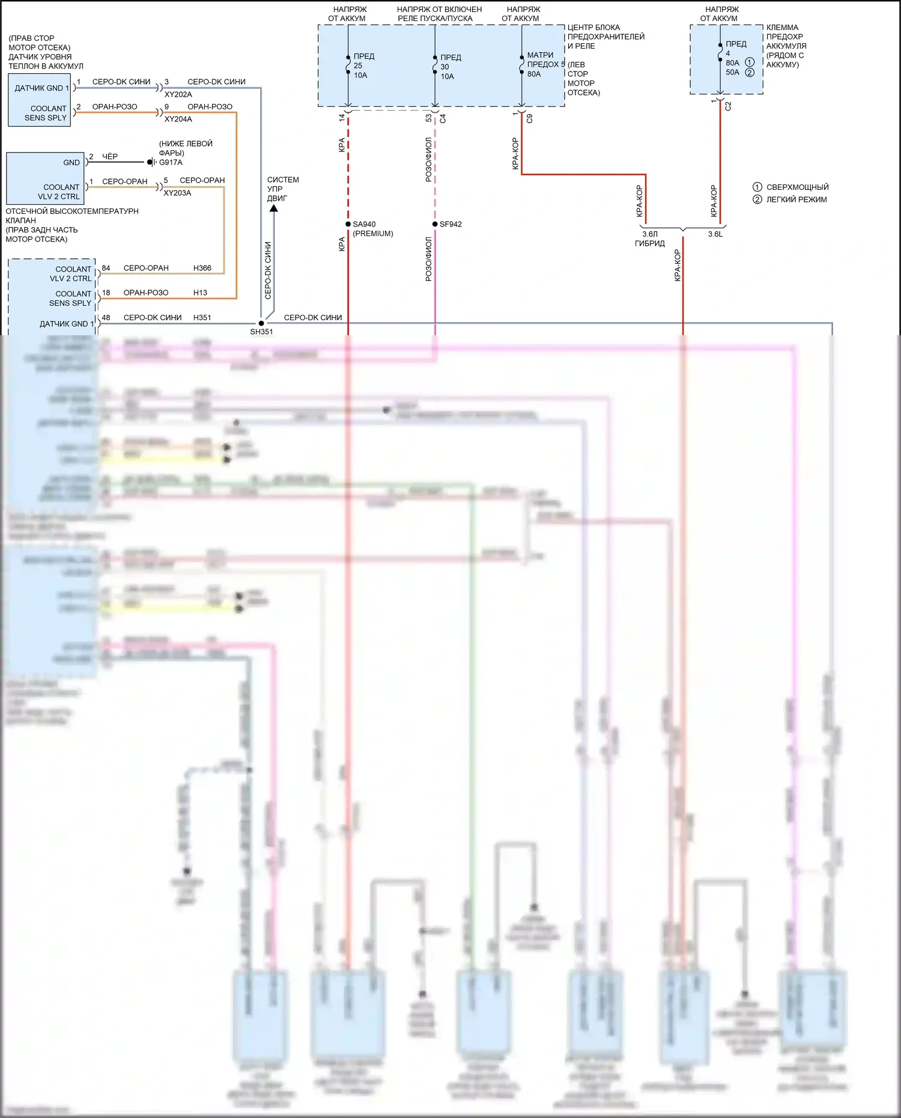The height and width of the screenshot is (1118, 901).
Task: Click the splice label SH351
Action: tap(261, 332)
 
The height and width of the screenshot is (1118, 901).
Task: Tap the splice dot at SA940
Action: tap(348, 224)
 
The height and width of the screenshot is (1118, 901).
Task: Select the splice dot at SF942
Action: tap(435, 224)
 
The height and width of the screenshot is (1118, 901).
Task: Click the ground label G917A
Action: tap(171, 162)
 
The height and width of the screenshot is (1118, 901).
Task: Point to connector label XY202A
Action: tap(178, 94)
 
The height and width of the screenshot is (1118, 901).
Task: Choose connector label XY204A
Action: tap(178, 119)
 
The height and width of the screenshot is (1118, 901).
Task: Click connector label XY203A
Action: tap(177, 193)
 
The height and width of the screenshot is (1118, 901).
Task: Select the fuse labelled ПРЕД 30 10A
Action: tap(449, 67)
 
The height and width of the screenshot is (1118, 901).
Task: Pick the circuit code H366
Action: tap(202, 268)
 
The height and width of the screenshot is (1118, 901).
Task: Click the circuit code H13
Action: tap(200, 293)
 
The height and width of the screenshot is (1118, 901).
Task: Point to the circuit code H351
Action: tap(202, 317)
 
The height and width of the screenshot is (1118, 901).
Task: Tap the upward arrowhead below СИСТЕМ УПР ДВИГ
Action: tap(273, 208)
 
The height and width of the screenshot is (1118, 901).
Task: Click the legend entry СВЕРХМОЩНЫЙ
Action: tap(797, 187)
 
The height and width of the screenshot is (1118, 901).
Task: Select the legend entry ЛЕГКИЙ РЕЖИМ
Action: tap(796, 199)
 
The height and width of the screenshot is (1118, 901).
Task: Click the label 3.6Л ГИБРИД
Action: tap(650, 238)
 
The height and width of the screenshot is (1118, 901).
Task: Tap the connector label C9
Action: tap(529, 118)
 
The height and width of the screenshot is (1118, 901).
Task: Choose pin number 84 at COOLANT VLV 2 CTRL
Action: tap(106, 268)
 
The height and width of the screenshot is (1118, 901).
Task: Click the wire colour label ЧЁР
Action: tap(110, 156)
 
